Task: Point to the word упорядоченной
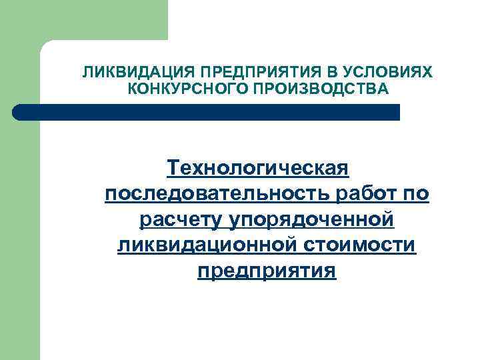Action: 312,219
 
